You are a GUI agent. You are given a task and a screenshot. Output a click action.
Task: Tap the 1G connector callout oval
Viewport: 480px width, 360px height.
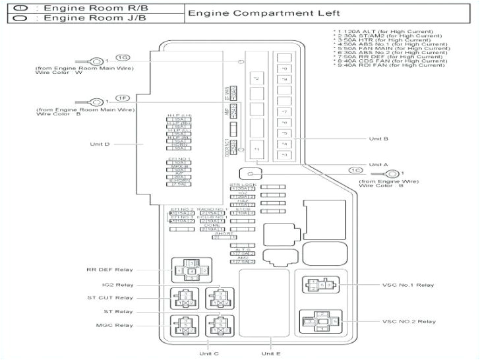click(x=123, y=58)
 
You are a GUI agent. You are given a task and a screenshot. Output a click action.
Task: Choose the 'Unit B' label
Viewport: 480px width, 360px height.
click(x=378, y=138)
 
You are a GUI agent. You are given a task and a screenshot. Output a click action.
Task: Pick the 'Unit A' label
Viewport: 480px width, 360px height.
click(x=378, y=164)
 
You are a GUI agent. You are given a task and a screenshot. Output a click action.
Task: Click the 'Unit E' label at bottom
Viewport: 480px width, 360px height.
click(x=270, y=354)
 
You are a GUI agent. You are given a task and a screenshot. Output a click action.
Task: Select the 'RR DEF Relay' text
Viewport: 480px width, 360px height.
click(x=109, y=270)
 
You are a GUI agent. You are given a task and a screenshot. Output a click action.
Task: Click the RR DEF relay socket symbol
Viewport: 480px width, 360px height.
click(x=191, y=270)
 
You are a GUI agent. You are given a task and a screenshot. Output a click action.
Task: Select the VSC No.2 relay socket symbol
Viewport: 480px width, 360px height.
click(x=320, y=322)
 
